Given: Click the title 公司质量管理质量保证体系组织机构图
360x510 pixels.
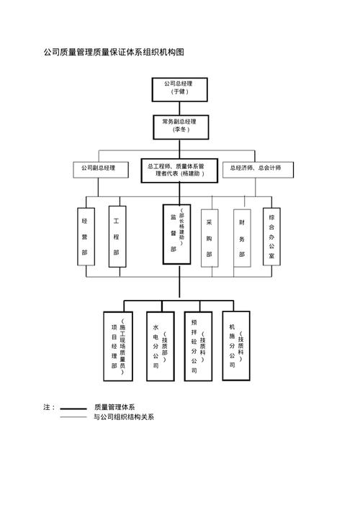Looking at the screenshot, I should coord(114,53).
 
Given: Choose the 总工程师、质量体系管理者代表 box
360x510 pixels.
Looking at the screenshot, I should coord(178,170).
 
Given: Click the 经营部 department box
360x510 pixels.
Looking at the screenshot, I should coord(86,236).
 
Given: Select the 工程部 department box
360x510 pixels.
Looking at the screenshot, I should coord(117,236).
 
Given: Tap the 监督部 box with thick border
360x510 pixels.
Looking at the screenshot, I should coord(176,234).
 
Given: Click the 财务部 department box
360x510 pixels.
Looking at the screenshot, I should coord(242,236).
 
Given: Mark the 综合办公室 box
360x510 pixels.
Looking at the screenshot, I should coord(271,236).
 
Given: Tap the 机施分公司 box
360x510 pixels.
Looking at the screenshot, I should coord(236,344).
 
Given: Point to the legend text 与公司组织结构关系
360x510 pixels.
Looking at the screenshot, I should coord(124,417).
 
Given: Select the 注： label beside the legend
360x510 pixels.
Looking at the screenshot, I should coord(49,408).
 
